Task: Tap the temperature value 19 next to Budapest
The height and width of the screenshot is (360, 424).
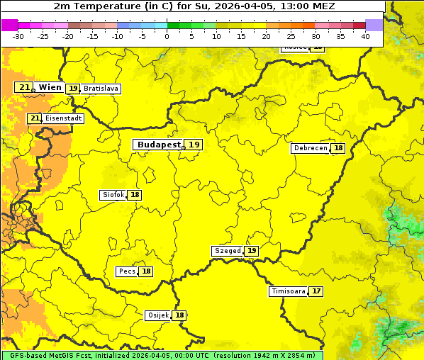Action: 194,145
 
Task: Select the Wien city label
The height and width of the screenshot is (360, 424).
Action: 50,87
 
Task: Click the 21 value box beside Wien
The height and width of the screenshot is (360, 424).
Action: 24,87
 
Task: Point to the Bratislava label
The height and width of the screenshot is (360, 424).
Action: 100,89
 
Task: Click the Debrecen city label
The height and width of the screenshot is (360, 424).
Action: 310,148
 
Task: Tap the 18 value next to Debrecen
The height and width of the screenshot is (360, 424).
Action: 338,148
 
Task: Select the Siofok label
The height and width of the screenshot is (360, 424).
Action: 113,195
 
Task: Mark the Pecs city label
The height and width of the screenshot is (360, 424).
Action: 127,271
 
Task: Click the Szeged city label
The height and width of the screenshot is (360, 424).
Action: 227,251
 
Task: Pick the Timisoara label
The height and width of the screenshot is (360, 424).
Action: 289,291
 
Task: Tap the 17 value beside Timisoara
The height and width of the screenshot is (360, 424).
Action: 316,291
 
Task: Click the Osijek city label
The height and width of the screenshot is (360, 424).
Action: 158,315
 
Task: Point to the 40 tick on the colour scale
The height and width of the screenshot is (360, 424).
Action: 365,36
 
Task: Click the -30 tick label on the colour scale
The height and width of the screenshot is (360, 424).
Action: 18,36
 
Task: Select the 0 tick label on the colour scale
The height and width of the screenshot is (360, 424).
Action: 167,36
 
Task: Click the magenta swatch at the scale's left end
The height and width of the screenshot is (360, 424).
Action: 9,25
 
